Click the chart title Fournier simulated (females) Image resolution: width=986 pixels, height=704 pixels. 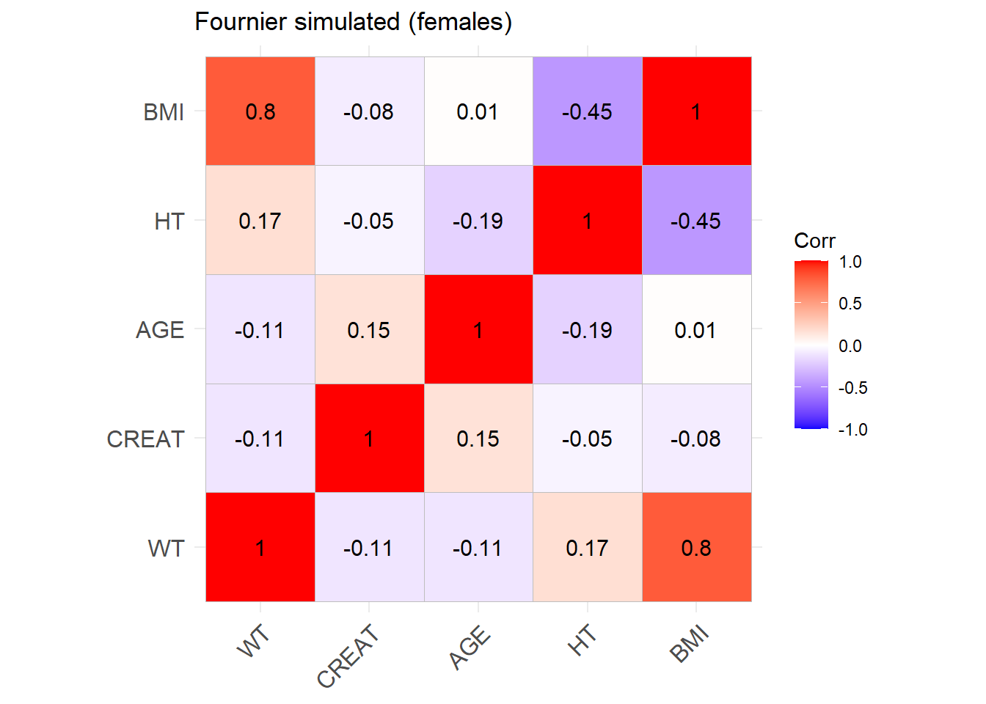tap(353, 22)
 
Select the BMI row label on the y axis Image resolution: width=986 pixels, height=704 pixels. tap(164, 112)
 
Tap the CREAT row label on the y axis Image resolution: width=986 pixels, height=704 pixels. tap(145, 439)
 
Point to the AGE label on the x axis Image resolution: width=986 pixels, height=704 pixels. tap(470, 647)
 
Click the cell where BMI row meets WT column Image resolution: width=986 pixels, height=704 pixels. tap(260, 111)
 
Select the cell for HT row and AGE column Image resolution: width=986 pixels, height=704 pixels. tap(478, 221)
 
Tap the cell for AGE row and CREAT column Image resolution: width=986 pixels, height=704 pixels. tap(369, 330)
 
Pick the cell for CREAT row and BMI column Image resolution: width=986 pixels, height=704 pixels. tap(696, 439)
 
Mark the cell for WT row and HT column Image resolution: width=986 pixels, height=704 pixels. tap(587, 548)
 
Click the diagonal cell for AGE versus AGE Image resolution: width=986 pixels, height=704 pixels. tap(478, 330)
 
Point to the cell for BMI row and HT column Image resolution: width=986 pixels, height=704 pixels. tap(587, 111)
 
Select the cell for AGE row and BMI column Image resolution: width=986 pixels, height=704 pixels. tap(696, 330)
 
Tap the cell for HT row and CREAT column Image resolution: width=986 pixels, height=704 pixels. tap(369, 221)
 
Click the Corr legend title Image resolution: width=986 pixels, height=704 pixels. tap(814, 241)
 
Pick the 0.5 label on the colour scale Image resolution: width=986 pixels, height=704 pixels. tap(850, 304)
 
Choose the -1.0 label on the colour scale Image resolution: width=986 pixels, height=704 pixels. tap(852, 430)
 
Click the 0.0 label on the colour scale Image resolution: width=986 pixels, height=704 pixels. tap(850, 346)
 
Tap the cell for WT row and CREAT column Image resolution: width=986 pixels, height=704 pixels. tap(369, 548)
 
